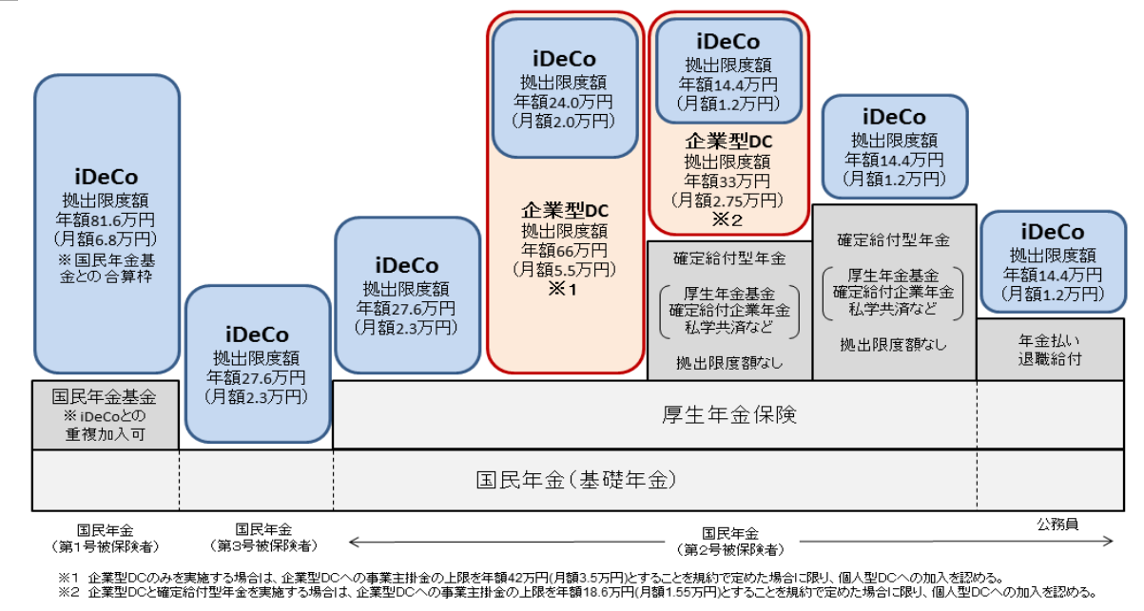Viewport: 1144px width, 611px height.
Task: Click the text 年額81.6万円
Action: tap(106, 220)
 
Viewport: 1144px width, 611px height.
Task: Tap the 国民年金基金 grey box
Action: tap(106, 415)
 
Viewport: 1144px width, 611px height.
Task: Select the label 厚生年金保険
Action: tap(729, 414)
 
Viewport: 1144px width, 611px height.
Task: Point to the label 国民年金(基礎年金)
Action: tap(576, 480)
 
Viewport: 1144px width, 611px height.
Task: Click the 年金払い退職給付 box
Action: tap(1050, 350)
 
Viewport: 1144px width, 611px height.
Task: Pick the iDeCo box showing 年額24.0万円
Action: tap(565, 88)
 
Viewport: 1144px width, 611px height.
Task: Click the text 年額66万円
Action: tap(564, 250)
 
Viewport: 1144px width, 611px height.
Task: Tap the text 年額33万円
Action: tap(727, 181)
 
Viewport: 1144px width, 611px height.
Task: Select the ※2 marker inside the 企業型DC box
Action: tap(727, 220)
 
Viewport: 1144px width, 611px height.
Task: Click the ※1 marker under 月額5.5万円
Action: tap(563, 290)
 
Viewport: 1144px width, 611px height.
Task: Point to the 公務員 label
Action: tap(1057, 525)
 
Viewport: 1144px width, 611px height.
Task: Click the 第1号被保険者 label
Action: tap(106, 547)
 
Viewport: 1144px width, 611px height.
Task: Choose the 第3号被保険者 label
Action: tap(263, 545)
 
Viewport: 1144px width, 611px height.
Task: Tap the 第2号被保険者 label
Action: tap(730, 550)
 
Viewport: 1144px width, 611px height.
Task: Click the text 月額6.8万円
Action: tap(106, 239)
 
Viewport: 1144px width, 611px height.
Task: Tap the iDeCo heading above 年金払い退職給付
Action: tap(1053, 232)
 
